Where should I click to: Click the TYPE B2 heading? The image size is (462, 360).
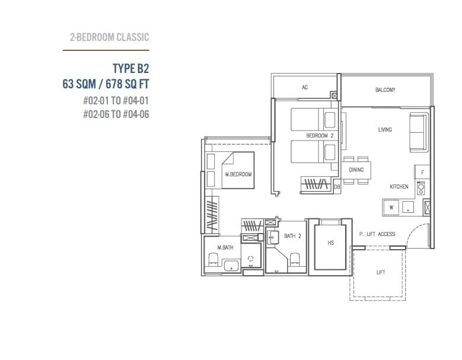(131, 69)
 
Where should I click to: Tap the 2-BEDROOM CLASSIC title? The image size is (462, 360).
(109, 37)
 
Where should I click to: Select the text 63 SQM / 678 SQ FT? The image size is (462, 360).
(106, 84)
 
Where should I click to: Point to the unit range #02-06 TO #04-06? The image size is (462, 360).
(116, 114)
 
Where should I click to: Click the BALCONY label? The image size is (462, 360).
(385, 90)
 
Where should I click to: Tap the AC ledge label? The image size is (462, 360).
(305, 87)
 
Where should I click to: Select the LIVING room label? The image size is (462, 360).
(385, 130)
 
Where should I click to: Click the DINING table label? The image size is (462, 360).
(356, 170)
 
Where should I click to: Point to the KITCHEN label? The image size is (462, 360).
(399, 186)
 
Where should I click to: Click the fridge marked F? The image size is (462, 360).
(422, 173)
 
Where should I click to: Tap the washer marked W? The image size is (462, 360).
(391, 208)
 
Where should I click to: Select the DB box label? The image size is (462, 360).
(337, 187)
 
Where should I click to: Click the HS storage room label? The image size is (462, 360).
(330, 243)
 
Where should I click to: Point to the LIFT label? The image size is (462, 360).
(381, 272)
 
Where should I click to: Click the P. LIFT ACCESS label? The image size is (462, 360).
(377, 234)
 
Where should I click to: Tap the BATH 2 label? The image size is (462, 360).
(292, 236)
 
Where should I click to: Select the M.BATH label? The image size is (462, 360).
(225, 247)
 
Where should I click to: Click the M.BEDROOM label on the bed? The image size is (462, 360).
(238, 174)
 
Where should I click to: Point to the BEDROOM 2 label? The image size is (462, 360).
(320, 135)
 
